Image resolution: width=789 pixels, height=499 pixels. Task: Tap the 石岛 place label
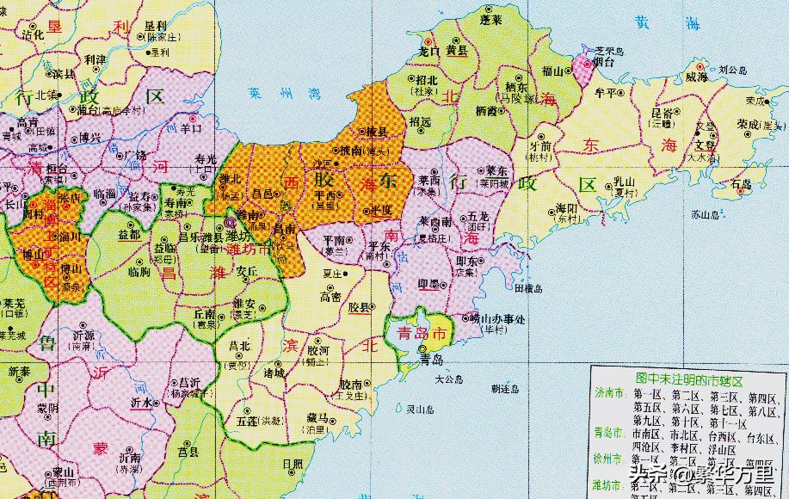[x=739, y=184]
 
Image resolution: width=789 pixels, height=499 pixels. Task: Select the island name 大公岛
[x=448, y=378]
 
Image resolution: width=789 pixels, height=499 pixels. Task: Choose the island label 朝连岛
[x=504, y=390]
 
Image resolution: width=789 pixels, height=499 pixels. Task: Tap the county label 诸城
[x=274, y=373]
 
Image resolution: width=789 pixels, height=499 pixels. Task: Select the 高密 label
[x=330, y=297]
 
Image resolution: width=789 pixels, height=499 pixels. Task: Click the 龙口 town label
[x=429, y=52]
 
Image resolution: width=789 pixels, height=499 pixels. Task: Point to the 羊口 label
[x=190, y=129]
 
